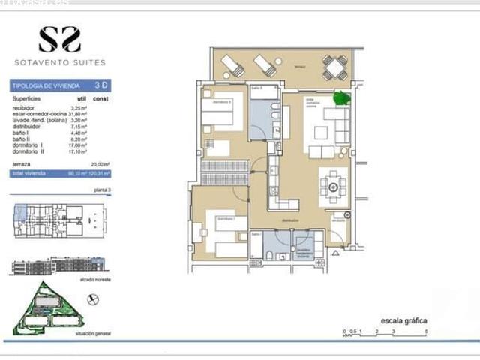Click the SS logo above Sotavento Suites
point(60,39)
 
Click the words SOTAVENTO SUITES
point(60,62)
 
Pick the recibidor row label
point(25,108)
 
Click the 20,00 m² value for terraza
point(100,163)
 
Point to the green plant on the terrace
point(341,97)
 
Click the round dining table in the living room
point(333,186)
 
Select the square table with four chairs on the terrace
point(335,67)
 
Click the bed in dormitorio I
point(225,234)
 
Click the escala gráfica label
point(403,320)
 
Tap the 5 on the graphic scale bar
point(425,331)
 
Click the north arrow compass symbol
point(93,299)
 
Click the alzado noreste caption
point(93,277)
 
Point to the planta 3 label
point(102,191)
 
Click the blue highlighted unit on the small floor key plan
point(21,212)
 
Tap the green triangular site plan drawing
point(46,310)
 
